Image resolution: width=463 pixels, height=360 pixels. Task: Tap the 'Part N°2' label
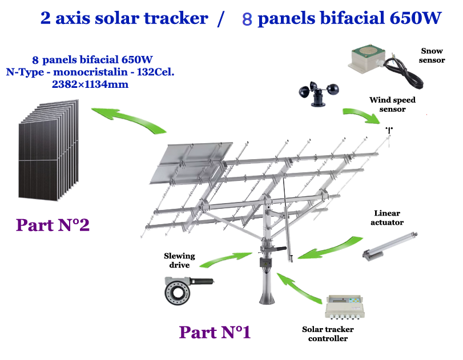point(53,225)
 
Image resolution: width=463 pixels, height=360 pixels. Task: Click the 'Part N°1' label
point(215,331)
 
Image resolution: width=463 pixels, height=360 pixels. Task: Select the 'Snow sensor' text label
point(432,55)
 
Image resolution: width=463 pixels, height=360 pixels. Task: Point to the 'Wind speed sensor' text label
point(392,104)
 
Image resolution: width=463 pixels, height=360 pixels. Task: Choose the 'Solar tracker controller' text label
point(328,334)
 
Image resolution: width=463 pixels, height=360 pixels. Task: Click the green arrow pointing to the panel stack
point(128,120)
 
